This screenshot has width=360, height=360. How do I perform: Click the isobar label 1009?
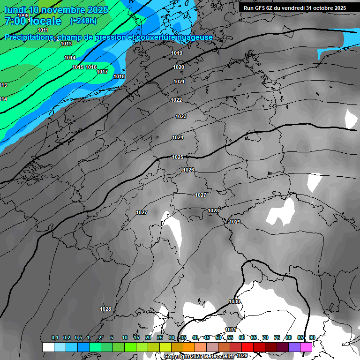coord(22,15)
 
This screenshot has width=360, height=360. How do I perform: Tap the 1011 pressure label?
coord(43,30)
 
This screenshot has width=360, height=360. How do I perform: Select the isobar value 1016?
coord(91,67)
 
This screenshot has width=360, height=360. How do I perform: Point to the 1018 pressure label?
coord(119,76)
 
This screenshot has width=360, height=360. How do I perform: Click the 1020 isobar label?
coord(179,67)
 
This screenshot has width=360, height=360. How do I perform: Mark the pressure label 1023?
coord(181,116)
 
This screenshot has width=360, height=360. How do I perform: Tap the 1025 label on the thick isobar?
coord(178,157)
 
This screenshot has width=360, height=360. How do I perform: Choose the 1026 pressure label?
coord(188,170)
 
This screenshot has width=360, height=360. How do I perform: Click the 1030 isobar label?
coord(234,301)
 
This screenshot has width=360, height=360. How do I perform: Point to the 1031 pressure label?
coord(230,330)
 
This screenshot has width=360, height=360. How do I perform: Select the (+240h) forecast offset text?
coord(83,21)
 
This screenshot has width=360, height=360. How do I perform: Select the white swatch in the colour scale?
coord(48,347)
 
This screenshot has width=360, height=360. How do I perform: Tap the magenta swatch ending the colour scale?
coord(306,347)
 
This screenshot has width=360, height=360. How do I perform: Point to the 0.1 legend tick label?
coord(54,338)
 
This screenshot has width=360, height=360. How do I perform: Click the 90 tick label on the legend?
coord(312,338)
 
